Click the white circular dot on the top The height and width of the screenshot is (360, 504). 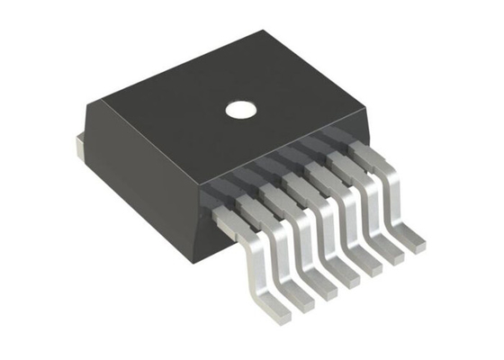240,111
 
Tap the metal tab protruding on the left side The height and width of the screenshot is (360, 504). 78,145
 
